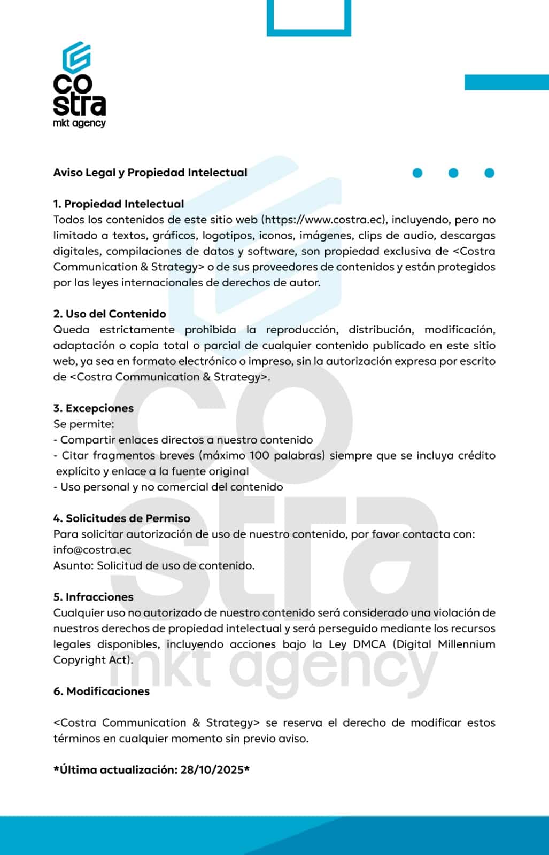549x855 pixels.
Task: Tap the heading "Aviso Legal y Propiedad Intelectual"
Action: coord(150,173)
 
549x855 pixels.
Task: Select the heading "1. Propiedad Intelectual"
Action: coord(119,204)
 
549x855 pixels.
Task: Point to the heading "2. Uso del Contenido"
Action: coord(110,314)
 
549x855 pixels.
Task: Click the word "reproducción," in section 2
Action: coord(301,330)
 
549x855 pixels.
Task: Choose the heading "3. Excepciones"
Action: coord(94,408)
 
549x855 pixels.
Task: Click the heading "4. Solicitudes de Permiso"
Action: coord(122,518)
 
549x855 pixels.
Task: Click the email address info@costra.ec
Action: coord(92,550)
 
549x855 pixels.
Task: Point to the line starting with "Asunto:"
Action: coord(154,565)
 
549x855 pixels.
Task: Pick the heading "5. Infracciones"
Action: coord(94,597)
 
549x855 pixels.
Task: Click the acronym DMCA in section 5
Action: coord(369,644)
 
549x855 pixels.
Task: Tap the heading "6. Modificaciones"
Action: coord(102,691)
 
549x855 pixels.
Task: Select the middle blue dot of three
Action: coord(453,173)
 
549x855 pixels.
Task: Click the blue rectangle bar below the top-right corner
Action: coord(506,82)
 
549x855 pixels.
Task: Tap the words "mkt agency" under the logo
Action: coord(79,123)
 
